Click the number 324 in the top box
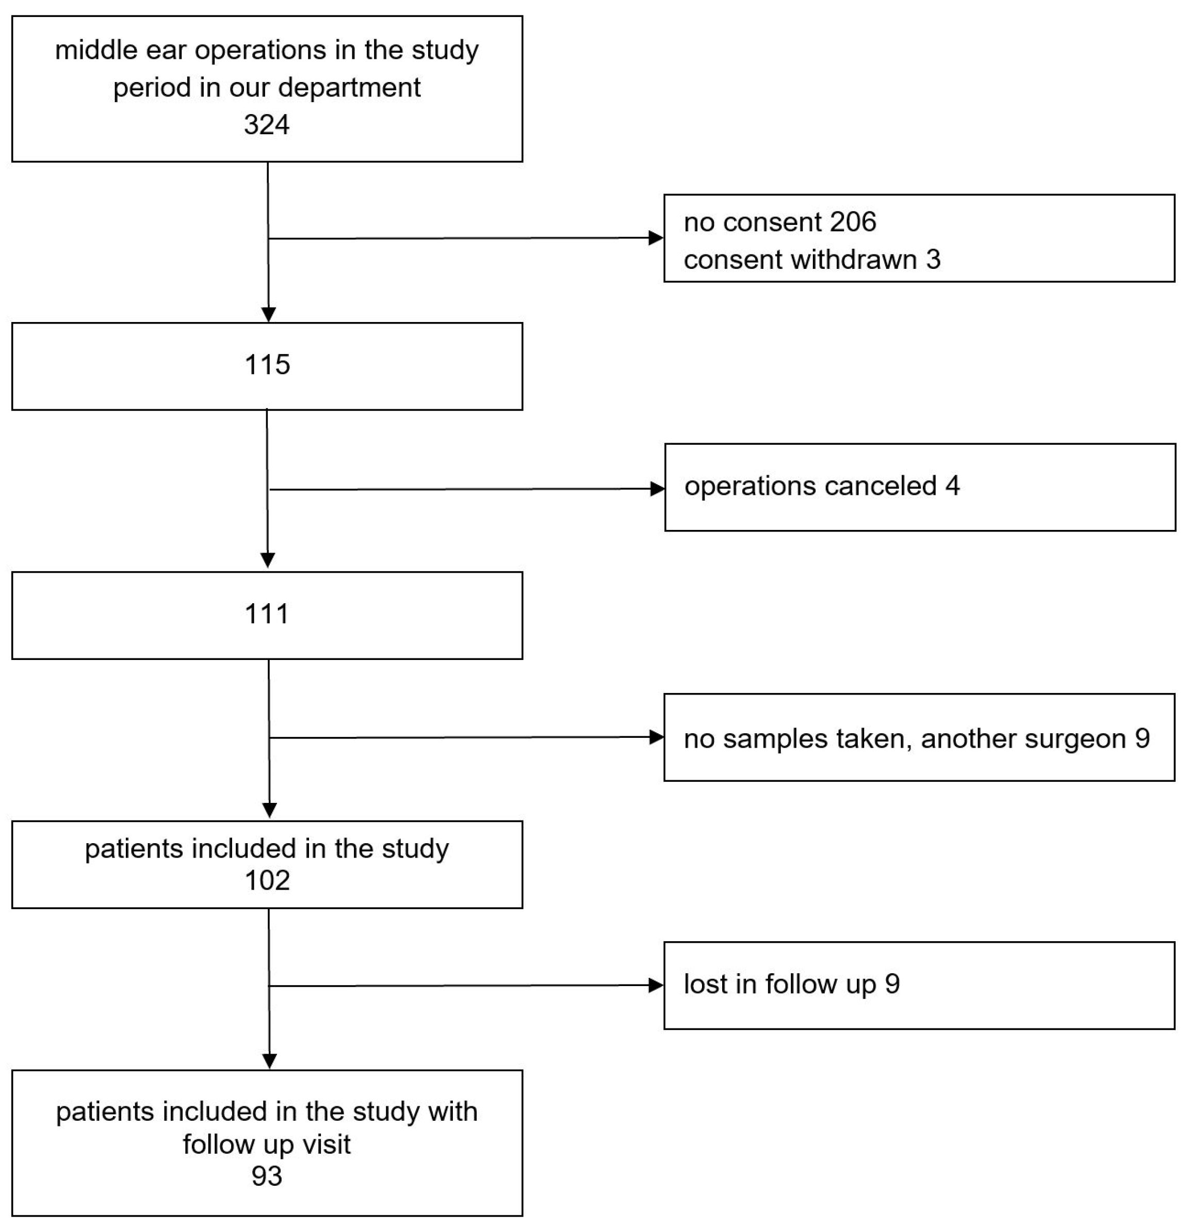(x=267, y=125)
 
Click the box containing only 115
(x=267, y=366)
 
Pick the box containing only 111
(x=267, y=615)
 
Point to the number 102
(x=267, y=881)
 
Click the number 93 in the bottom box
(x=267, y=1176)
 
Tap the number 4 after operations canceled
(x=952, y=486)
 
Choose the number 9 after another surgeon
(x=1142, y=739)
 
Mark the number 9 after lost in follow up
(x=892, y=984)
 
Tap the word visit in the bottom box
(x=322, y=1145)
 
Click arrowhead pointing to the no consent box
(x=656, y=237)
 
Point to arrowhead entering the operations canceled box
(x=657, y=489)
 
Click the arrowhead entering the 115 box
(x=268, y=314)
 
